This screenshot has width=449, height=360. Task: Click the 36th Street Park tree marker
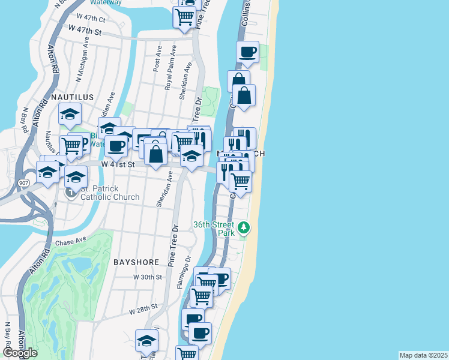pos(243,228)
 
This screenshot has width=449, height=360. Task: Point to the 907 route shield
pos(23,182)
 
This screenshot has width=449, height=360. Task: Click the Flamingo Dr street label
pos(183,271)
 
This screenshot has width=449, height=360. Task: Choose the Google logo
pos(20,353)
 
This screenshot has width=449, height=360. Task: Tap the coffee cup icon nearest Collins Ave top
pos(247,52)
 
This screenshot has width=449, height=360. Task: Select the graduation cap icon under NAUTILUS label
pos(70,113)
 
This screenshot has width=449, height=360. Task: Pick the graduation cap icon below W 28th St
pos(146,341)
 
